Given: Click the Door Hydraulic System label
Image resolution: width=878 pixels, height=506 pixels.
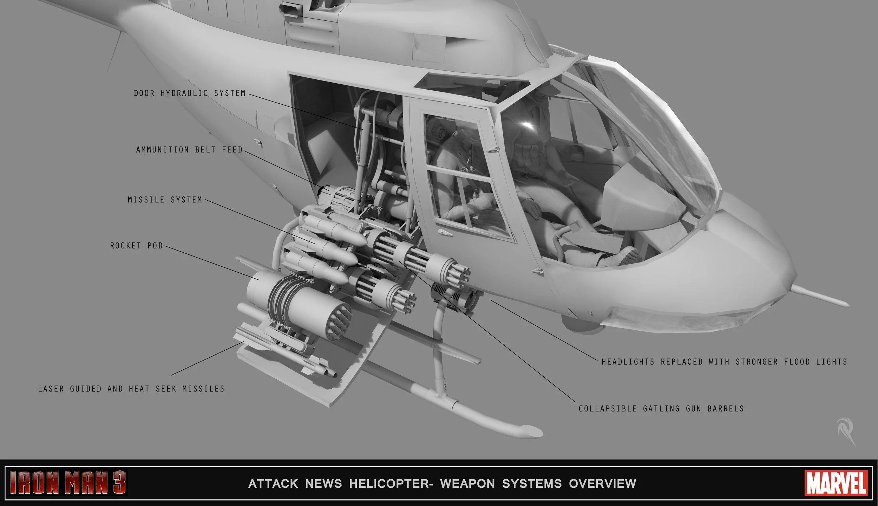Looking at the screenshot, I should click(x=190, y=93).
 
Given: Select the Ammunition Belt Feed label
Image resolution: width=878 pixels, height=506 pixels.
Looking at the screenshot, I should click(x=190, y=150).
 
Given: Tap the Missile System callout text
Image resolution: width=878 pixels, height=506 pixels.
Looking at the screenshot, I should click(x=165, y=200).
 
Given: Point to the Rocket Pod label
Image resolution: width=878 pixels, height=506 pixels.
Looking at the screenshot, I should click(x=137, y=246).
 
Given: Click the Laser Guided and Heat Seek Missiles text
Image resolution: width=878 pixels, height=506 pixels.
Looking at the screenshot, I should click(x=131, y=389).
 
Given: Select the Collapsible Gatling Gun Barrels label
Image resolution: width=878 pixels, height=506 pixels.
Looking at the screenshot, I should click(x=661, y=409).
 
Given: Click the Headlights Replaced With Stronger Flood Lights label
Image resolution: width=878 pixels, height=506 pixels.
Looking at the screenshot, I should click(x=724, y=362).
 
